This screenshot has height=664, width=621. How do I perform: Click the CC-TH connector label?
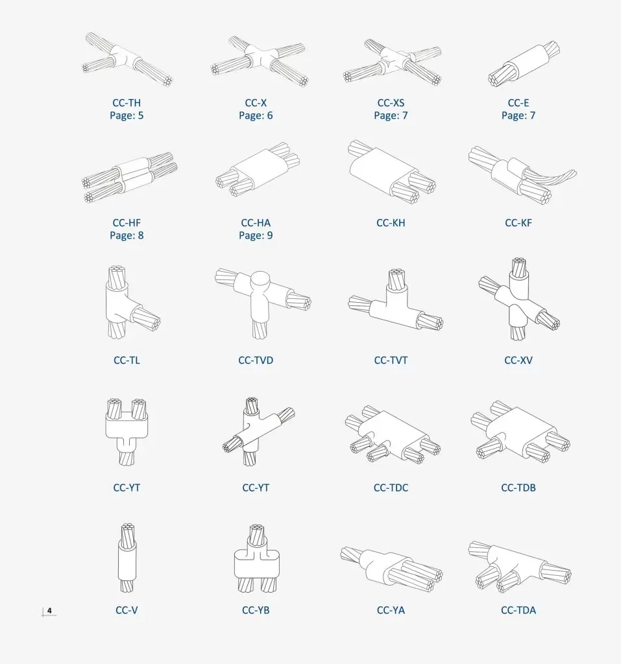pyautogui.click(x=127, y=103)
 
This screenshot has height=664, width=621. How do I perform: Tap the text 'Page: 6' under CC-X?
pyautogui.click(x=256, y=115)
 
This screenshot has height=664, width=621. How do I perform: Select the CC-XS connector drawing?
pyautogui.click(x=392, y=63)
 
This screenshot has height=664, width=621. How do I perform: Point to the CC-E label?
pyautogui.click(x=518, y=103)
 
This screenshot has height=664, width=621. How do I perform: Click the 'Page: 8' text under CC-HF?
pyautogui.click(x=127, y=235)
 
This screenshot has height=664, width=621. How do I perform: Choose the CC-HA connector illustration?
pyautogui.click(x=258, y=169)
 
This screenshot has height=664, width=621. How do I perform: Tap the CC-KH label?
pyautogui.click(x=391, y=223)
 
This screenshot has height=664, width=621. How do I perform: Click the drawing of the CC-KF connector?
pyautogui.click(x=522, y=175)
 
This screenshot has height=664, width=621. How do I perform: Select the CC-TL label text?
pyautogui.click(x=127, y=361)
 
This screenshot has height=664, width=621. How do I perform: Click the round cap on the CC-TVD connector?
pyautogui.click(x=260, y=280)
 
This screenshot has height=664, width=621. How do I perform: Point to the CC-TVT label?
pyautogui.click(x=391, y=361)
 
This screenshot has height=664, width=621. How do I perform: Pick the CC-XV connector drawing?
pyautogui.click(x=519, y=298)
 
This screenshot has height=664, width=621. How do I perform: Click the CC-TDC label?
pyautogui.click(x=391, y=488)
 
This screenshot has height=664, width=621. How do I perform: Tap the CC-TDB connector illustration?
pyautogui.click(x=520, y=432)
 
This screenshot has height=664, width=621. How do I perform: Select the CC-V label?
pyautogui.click(x=127, y=610)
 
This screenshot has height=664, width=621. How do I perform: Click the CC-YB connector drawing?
pyautogui.click(x=257, y=558)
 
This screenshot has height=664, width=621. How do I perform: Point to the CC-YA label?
pyautogui.click(x=391, y=610)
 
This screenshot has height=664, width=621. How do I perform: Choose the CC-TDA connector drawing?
pyautogui.click(x=520, y=567)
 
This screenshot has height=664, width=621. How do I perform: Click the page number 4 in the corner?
pyautogui.click(x=49, y=611)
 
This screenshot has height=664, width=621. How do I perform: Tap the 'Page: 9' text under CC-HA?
pyautogui.click(x=256, y=235)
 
